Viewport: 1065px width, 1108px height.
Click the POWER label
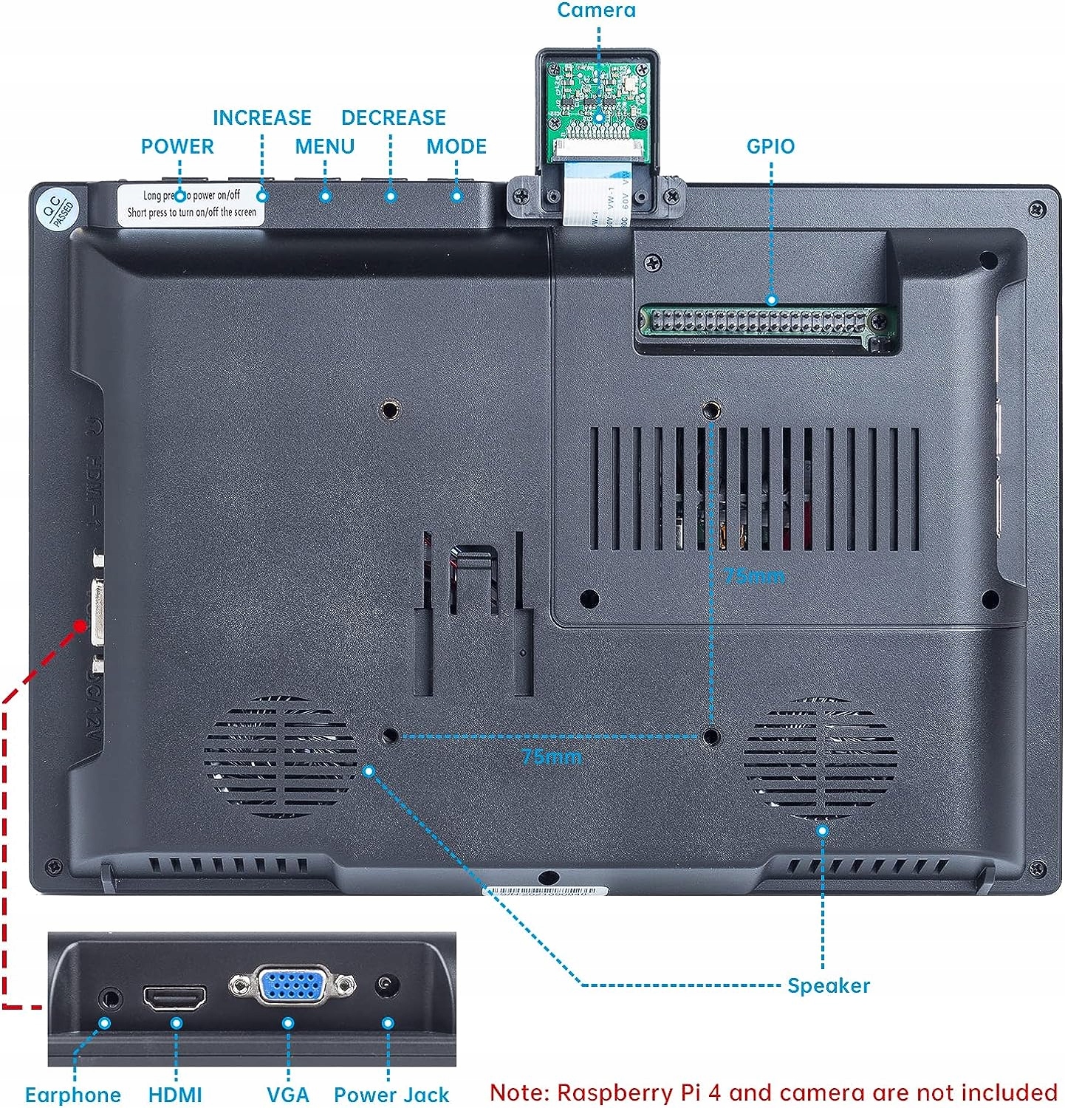177,146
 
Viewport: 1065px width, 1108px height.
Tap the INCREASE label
261,117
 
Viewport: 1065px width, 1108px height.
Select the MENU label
324,146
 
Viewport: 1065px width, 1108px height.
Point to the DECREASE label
393,117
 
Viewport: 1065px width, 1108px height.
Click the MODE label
456,146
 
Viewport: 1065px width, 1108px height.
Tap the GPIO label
770,146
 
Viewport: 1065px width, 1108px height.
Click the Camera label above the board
596,10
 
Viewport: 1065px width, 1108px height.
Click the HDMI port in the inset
175,998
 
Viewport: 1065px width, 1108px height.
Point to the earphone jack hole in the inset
111,998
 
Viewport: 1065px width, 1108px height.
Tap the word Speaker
828,985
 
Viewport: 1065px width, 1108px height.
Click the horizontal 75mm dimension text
552,756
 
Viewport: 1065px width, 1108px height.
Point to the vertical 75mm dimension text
753,575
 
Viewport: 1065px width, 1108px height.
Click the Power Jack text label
391,1094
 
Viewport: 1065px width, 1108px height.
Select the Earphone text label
73,1094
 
